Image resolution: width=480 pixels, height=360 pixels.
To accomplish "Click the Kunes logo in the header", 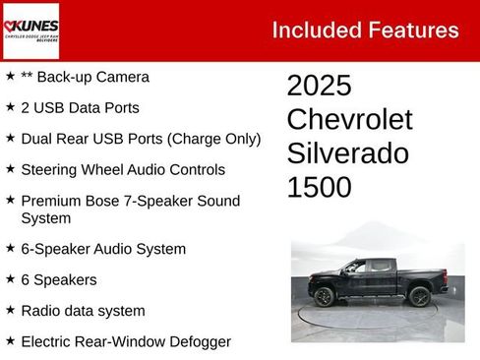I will tap(30, 30).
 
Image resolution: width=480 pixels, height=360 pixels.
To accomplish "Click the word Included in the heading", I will tap(313, 30).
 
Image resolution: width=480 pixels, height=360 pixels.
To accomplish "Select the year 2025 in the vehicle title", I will tap(319, 86).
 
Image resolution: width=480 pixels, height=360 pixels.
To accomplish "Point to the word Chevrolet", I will tap(349, 120).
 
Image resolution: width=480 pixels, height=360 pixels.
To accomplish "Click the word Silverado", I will tap(347, 153).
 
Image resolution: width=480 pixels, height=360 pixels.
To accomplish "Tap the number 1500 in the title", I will tap(319, 187).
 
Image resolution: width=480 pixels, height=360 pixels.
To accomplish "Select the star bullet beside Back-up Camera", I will tap(10, 77).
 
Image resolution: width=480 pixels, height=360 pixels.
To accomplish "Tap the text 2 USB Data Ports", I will tap(80, 108).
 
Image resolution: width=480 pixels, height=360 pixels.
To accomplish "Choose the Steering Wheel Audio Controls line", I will tap(123, 170).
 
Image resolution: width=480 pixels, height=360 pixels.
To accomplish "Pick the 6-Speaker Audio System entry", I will tap(103, 249).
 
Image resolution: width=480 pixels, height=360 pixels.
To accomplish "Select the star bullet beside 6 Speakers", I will tap(10, 279).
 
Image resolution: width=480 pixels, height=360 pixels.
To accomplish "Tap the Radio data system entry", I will tap(83, 311).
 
